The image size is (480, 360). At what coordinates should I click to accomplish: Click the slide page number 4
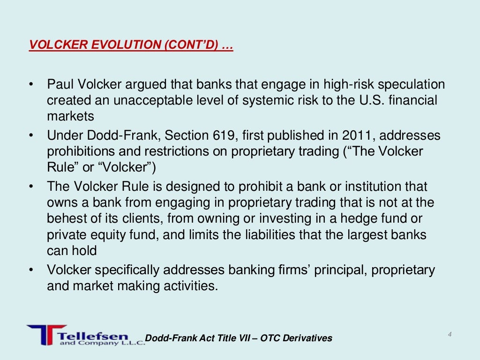[450, 334]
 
